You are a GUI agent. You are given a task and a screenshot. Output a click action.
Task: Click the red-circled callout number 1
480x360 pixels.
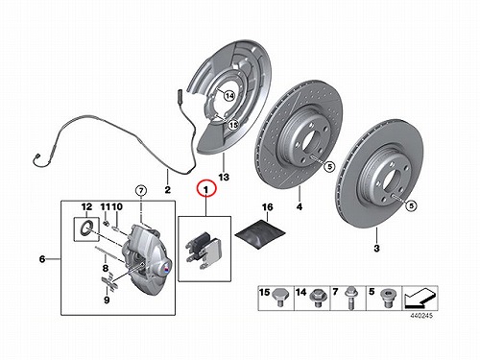point(206,190)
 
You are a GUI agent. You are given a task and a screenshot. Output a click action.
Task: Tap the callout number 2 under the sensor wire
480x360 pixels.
point(167,190)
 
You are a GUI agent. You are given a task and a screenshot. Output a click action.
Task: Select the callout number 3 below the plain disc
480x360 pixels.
point(376,248)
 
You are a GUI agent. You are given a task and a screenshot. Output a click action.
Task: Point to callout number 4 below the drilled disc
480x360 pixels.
point(300,206)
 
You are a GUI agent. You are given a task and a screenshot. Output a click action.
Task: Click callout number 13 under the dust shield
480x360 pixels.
point(224,177)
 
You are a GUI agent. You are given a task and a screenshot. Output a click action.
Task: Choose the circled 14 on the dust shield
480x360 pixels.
point(229,95)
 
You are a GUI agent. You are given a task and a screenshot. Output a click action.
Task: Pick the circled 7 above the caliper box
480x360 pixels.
point(141,191)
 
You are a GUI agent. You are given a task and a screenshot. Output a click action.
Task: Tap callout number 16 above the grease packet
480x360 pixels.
point(268,207)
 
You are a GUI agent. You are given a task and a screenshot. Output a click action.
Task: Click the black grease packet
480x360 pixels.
point(260,235)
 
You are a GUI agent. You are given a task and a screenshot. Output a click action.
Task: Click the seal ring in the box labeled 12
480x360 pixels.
point(86,228)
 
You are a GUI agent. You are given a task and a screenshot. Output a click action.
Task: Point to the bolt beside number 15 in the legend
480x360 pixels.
point(281,298)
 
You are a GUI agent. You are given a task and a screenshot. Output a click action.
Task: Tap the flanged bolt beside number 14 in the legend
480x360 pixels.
point(317,299)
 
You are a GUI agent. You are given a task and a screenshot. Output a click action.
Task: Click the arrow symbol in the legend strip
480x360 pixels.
point(420,298)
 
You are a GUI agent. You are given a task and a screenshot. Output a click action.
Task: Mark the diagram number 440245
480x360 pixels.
point(421,316)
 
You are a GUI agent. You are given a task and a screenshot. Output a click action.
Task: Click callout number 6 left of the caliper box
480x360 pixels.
point(42,258)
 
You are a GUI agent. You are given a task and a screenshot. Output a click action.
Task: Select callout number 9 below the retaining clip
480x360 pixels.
point(107,300)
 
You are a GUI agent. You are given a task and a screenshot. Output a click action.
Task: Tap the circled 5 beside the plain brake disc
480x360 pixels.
point(412,205)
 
